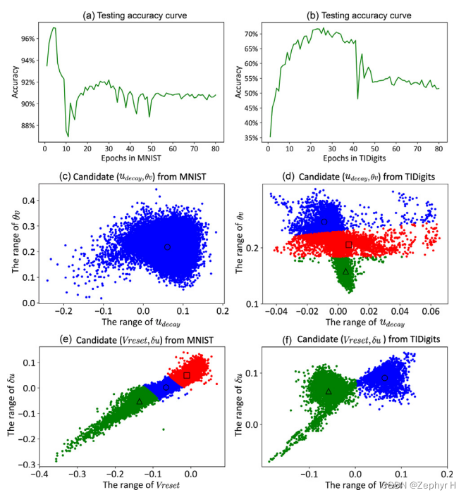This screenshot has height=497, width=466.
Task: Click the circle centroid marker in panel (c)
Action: [167, 247]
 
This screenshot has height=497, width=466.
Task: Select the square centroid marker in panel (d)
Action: [348, 244]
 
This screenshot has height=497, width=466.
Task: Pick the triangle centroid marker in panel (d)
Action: [345, 271]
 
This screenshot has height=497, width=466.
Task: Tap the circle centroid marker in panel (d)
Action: [324, 222]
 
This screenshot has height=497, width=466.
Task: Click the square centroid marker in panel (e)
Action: [187, 375]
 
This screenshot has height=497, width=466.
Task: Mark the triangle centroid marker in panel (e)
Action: [140, 401]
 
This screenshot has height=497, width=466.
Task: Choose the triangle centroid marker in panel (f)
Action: [329, 391]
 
